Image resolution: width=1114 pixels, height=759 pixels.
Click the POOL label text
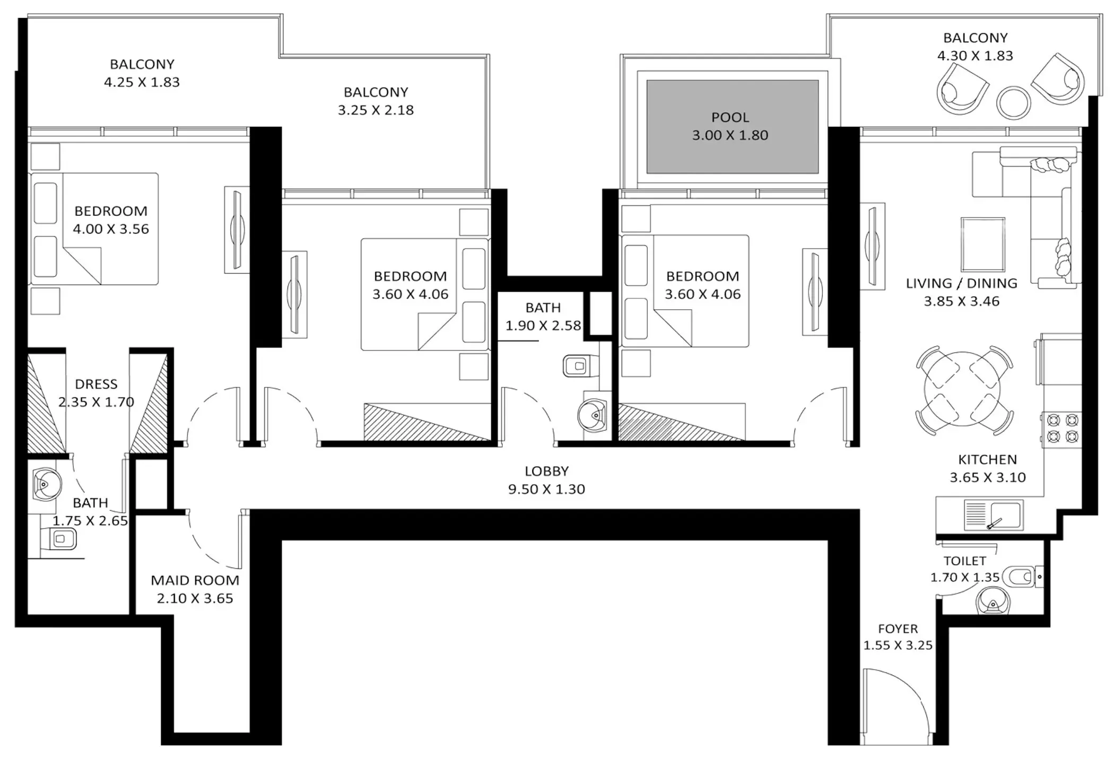click(x=730, y=117)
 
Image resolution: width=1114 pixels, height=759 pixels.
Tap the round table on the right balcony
click(x=1013, y=102)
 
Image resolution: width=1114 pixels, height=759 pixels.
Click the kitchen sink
click(x=993, y=515)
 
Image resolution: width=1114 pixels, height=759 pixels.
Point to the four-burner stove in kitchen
click(x=1063, y=429)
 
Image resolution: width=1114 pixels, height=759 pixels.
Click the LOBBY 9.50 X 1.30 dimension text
click(x=546, y=489)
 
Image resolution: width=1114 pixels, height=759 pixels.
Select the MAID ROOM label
click(x=195, y=580)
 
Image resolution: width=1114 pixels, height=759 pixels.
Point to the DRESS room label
click(x=96, y=384)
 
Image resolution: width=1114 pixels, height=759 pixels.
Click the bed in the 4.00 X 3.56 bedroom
click(x=94, y=229)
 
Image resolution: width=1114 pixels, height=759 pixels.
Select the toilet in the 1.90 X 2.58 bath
click(x=580, y=366)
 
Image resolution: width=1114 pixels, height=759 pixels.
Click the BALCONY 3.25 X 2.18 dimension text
click(x=376, y=110)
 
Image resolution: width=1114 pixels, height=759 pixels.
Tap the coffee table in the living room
click(x=982, y=244)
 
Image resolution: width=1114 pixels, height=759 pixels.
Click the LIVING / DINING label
click(x=961, y=283)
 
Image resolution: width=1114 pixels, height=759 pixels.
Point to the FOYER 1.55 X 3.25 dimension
click(x=898, y=645)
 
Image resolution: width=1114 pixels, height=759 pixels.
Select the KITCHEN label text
click(x=987, y=459)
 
